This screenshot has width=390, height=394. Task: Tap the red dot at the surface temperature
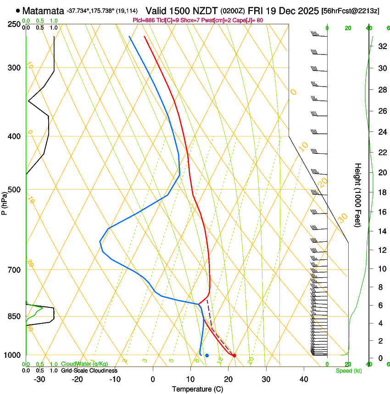(x=234, y=355)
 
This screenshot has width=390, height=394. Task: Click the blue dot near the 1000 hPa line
(x=207, y=355)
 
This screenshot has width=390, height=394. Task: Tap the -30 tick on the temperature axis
(x=39, y=379)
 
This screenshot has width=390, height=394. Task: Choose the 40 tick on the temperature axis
(x=304, y=379)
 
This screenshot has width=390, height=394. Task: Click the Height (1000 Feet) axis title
(x=358, y=195)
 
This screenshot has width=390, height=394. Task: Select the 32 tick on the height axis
(x=381, y=46)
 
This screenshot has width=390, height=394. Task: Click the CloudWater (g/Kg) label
(x=84, y=364)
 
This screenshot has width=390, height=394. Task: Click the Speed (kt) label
(x=348, y=370)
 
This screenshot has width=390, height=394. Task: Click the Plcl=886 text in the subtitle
(x=143, y=20)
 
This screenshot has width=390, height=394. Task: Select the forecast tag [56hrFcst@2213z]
(x=350, y=10)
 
